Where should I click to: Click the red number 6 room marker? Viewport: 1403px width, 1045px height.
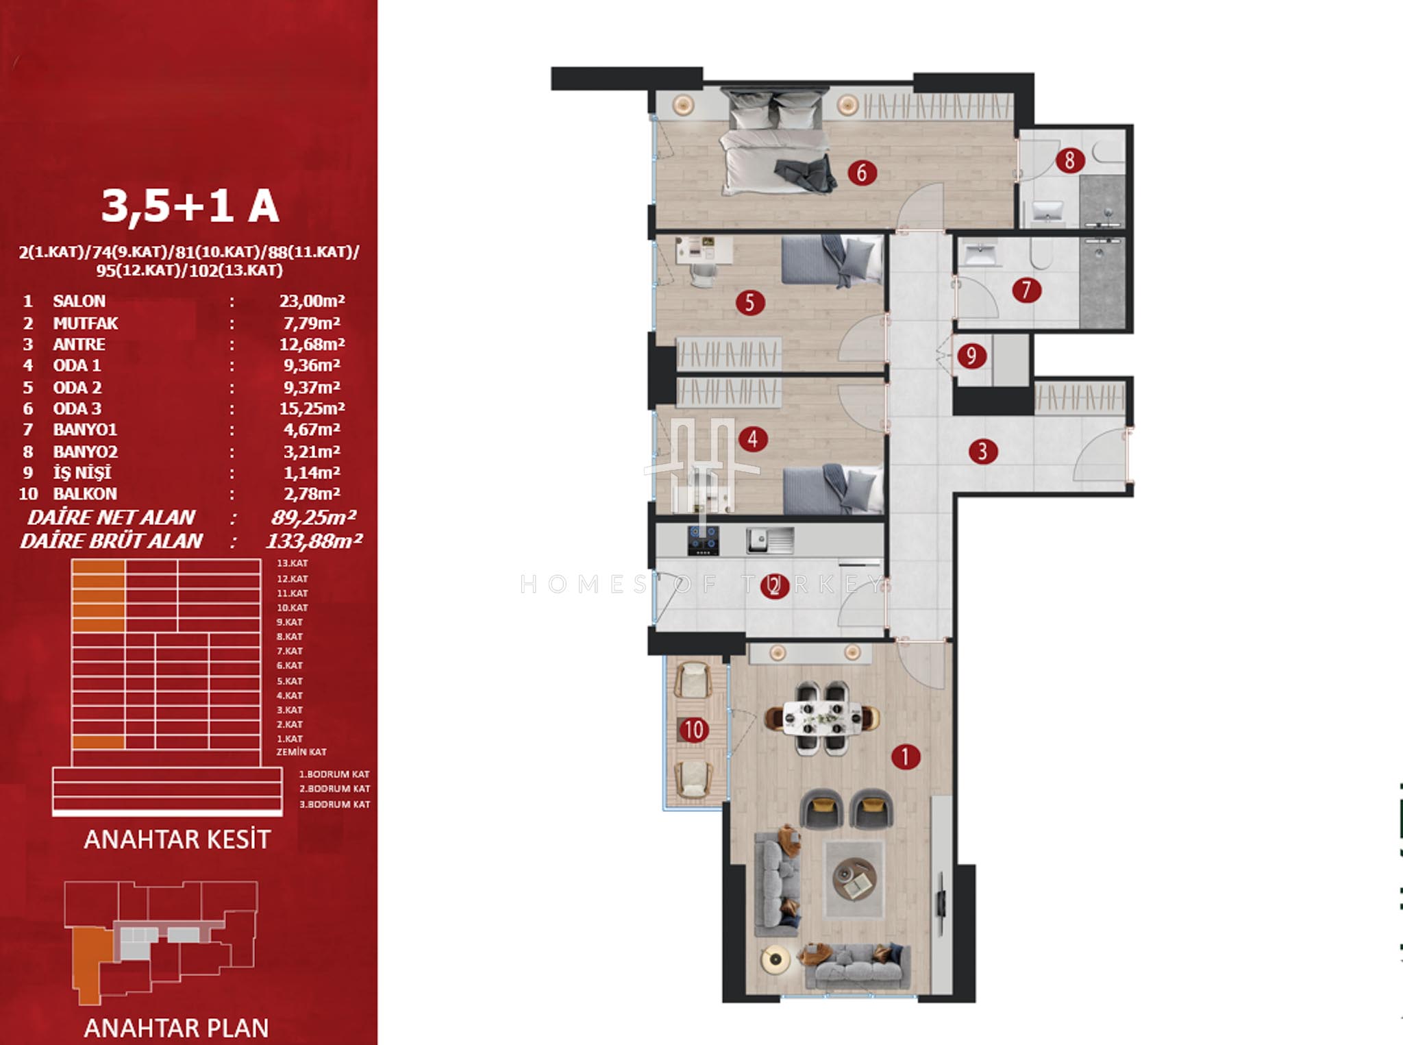(861, 173)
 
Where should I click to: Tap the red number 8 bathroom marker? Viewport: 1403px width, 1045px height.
(1069, 160)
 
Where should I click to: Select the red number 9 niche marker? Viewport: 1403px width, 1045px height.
(971, 356)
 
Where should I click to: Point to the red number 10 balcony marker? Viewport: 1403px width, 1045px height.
(693, 730)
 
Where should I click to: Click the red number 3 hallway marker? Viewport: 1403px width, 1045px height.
(983, 451)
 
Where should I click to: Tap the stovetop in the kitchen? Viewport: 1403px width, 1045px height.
(704, 540)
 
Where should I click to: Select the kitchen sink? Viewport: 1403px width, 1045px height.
(770, 540)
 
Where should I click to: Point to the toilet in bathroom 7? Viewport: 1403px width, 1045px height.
(1041, 253)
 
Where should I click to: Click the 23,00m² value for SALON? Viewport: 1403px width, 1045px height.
(312, 301)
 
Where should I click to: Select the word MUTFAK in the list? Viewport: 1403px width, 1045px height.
(86, 323)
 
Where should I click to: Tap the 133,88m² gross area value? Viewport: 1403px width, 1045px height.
(314, 541)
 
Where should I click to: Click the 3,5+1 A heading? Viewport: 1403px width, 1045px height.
(190, 206)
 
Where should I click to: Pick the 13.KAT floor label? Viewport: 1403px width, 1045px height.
(293, 563)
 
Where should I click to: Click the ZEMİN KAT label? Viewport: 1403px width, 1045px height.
(301, 752)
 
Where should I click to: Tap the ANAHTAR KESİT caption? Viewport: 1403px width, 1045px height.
(177, 839)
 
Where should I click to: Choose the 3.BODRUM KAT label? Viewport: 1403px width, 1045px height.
(334, 804)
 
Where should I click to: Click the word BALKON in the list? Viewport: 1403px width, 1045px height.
(85, 493)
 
